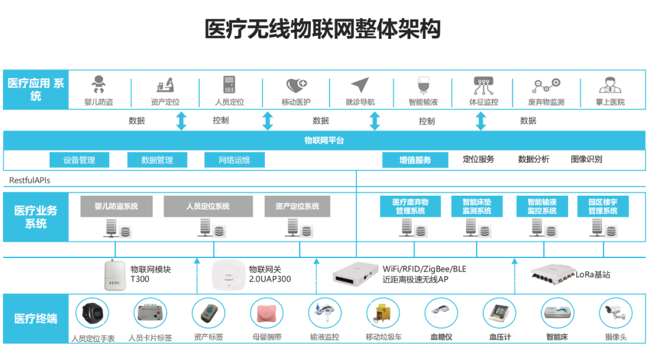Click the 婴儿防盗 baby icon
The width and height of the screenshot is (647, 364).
[98, 84]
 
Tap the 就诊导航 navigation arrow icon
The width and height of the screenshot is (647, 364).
[360, 85]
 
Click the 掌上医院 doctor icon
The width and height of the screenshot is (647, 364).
[609, 84]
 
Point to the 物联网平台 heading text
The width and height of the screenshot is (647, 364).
[324, 141]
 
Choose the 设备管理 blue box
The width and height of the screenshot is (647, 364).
[80, 160]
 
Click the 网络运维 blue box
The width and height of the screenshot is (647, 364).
[234, 160]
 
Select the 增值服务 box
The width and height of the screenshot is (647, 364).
[415, 160]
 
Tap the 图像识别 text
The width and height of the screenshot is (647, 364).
[586, 159]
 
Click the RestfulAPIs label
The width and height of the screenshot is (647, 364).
[29, 180]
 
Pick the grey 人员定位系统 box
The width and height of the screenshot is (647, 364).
[208, 207]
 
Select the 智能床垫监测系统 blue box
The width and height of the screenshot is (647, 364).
[477, 207]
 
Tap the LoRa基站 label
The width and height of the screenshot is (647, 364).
[593, 275]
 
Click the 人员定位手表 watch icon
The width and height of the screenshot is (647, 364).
[92, 313]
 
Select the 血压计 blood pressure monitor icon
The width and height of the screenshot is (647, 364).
[499, 313]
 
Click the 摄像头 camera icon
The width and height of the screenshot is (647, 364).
[615, 313]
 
